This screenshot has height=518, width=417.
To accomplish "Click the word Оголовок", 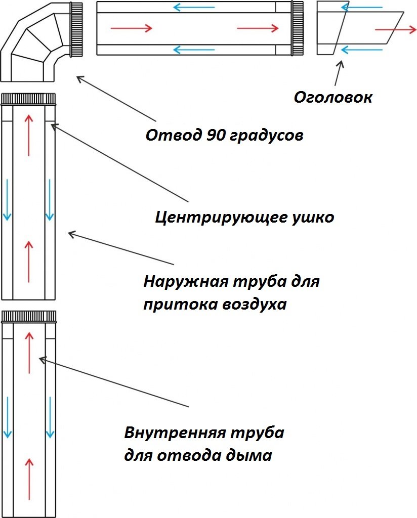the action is tap(333, 97).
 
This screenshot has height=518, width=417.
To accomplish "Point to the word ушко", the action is tap(313, 218).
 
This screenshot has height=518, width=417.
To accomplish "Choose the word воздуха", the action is tap(254, 304).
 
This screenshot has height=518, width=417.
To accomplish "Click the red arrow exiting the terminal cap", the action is tap(396, 30).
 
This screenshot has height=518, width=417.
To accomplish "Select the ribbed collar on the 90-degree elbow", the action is tap(76, 29).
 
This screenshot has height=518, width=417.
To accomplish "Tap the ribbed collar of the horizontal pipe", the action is tap(298, 28).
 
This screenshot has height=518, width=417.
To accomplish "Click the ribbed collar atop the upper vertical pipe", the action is tap(28, 99).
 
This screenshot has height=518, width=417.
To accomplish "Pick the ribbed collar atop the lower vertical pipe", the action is tap(29, 317).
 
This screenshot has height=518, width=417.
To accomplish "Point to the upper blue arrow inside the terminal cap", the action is tap(361, 7).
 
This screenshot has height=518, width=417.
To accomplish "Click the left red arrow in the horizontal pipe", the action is tap(131, 28).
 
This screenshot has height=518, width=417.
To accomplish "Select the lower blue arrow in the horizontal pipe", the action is tap(194, 50).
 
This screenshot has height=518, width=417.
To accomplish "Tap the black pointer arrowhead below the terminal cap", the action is tap(341, 64).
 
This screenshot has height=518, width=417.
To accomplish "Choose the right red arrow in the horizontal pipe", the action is tap(258, 28).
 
